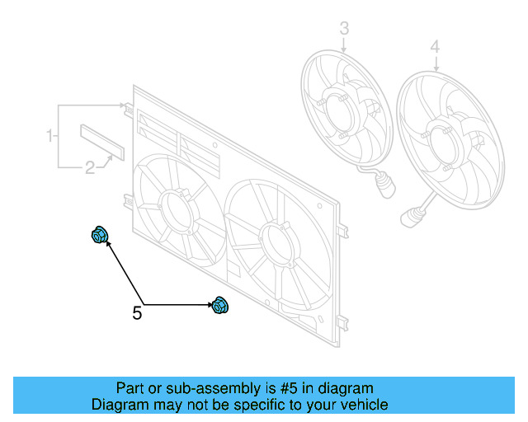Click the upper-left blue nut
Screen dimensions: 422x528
point(99,237)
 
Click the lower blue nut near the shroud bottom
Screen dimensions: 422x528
point(220,306)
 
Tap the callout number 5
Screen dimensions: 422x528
point(137,313)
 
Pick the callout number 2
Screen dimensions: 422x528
point(90,169)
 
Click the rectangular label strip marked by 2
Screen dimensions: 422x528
point(103,141)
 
